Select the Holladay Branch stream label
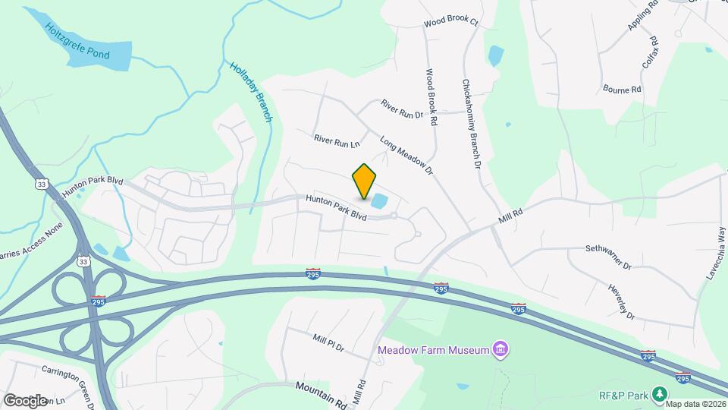tap(249, 93)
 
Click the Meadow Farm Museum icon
tap(500, 350)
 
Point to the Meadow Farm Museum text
tap(433, 350)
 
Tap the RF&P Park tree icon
tap(661, 393)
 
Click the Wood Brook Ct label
tap(451, 23)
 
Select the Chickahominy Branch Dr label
tap(470, 124)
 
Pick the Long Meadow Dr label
tap(406, 156)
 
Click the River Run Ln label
tap(336, 140)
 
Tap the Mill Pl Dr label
tap(328, 342)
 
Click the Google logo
tap(25, 400)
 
